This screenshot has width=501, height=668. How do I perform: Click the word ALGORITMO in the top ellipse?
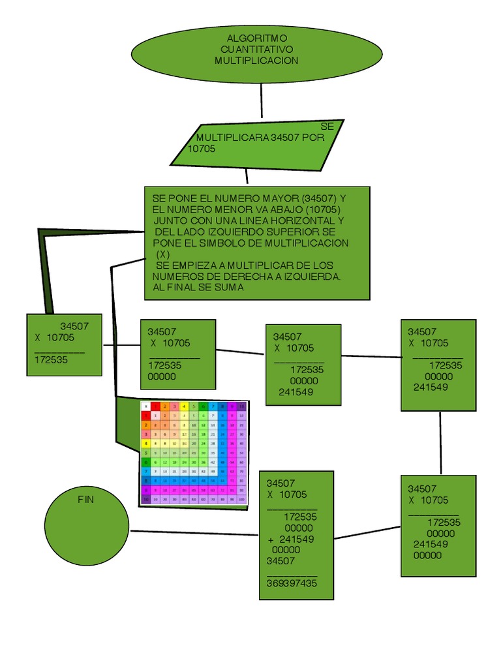(256, 38)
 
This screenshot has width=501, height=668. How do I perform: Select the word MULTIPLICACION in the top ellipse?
(256, 60)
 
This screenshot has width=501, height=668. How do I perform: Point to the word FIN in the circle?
(86, 499)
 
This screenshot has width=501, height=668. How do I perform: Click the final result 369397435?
(292, 583)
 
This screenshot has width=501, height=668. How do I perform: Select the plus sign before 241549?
(271, 539)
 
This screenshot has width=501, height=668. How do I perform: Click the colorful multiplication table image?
(194, 453)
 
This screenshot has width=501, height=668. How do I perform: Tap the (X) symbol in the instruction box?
(163, 254)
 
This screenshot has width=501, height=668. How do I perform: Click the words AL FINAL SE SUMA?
(198, 288)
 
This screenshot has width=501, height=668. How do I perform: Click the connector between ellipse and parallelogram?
(261, 100)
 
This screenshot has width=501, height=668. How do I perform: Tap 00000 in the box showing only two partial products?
(162, 376)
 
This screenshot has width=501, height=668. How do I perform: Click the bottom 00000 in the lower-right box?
(427, 555)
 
